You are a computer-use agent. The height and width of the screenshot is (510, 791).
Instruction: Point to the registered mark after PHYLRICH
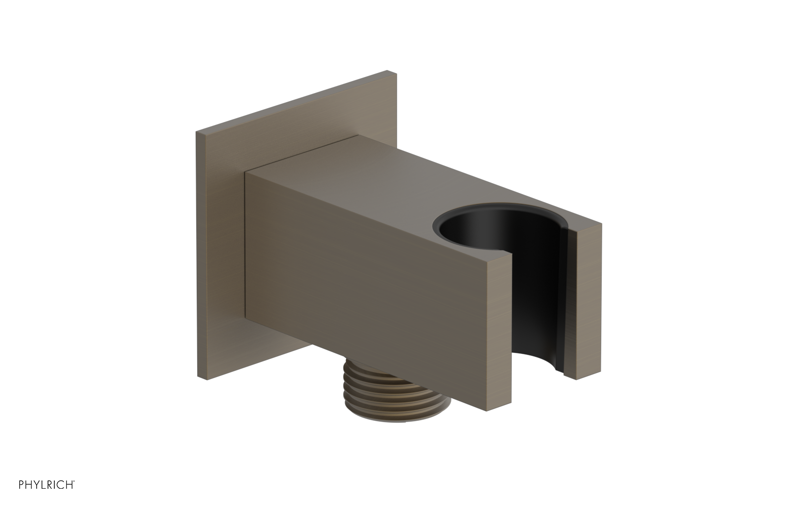(x=75, y=494)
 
